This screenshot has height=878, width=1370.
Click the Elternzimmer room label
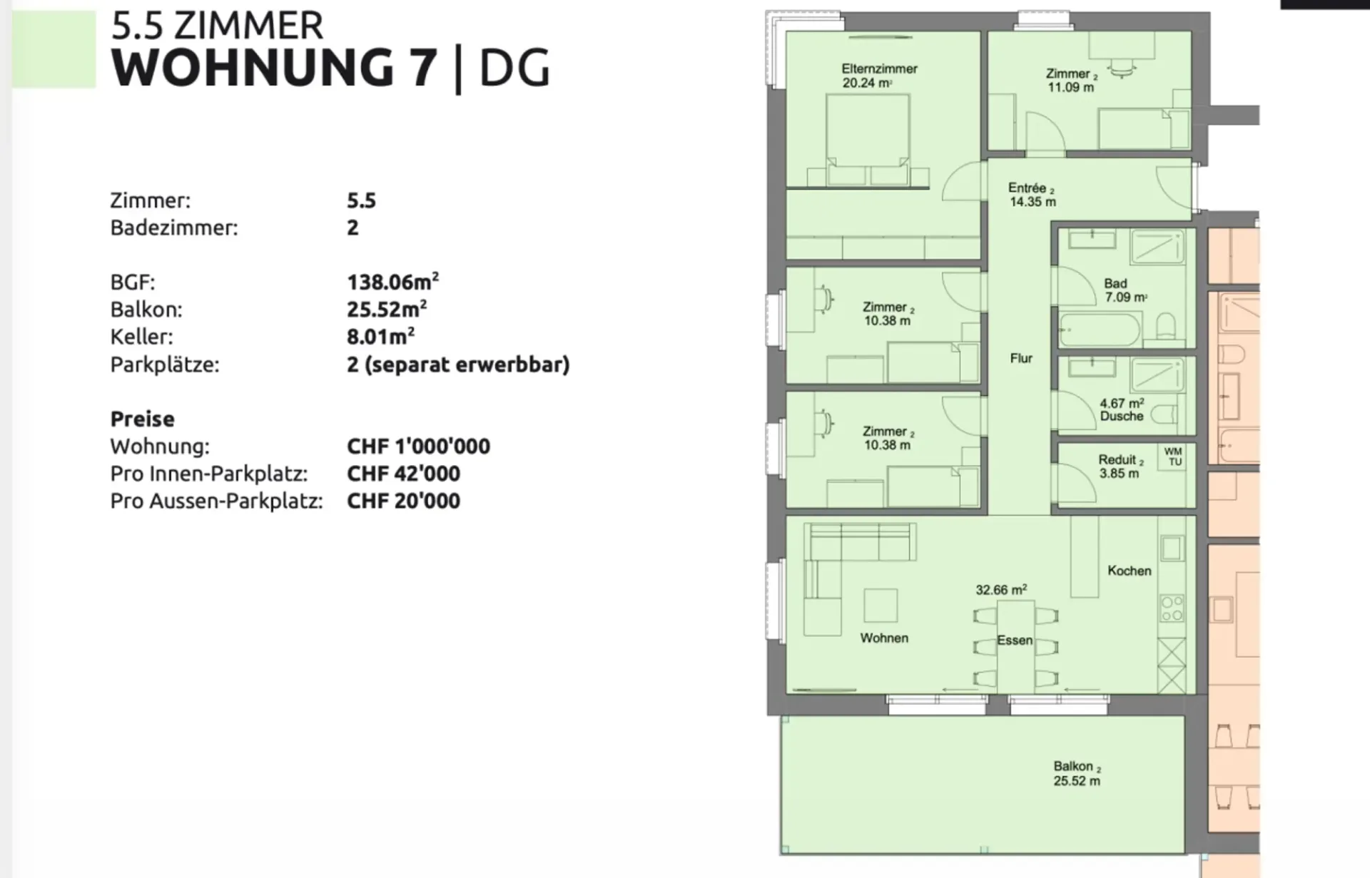pos(879,76)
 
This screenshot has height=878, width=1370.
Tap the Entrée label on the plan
pos(1032,195)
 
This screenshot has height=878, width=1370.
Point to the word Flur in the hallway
pos(1021,358)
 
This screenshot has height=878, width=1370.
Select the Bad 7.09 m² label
pos(1125,290)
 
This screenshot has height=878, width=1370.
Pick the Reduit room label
pos(1120,466)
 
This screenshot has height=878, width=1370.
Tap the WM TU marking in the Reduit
pos(1173,456)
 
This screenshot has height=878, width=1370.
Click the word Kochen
pos(1130,571)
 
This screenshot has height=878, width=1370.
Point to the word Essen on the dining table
pos(1015,640)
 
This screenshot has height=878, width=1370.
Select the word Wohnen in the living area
pos(884,638)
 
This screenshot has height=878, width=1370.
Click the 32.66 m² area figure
pos(1001,590)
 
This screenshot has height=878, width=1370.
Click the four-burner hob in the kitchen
pos(1172,608)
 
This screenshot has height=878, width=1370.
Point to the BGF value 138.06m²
pos(392,281)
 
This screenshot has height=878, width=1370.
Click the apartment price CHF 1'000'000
pos(418,446)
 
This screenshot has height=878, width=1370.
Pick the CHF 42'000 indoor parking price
pos(403,474)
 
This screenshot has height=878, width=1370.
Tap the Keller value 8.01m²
pos(380,336)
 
